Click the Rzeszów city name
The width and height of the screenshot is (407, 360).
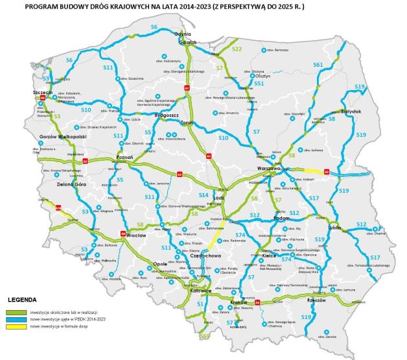click(x=316, y=300)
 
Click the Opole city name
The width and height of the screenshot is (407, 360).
click(x=160, y=264)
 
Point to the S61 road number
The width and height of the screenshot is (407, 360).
click(x=318, y=65)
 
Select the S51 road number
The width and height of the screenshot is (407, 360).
click(x=259, y=84)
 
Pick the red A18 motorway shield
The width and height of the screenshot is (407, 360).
click(x=58, y=208)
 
